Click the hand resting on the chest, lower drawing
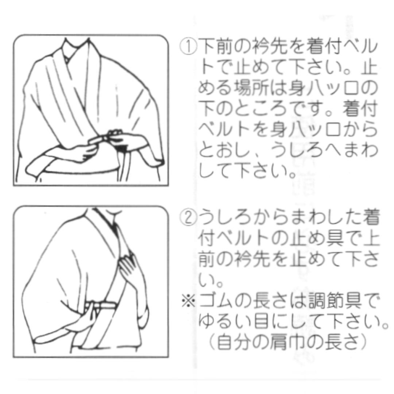point(129,266)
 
